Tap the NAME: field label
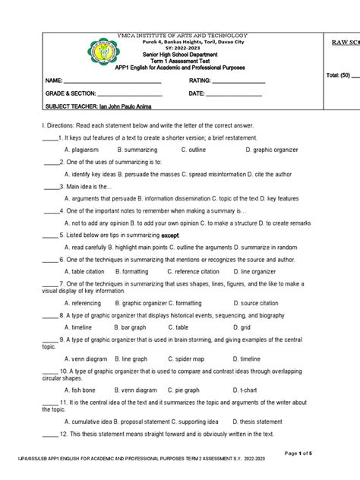point(54,81)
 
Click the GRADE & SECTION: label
point(71,93)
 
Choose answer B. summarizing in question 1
point(137,150)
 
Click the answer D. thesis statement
point(257,421)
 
